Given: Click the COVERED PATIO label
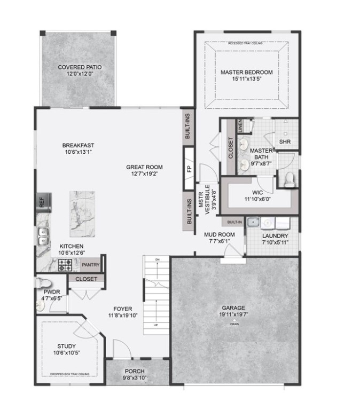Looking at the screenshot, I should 80,67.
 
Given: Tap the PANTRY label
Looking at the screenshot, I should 91,264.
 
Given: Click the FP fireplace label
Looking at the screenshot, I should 189,168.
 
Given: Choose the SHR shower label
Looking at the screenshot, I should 284,142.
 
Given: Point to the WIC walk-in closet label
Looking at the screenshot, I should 258,193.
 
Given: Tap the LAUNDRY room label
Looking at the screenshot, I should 275,235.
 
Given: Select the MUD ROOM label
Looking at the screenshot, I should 220,234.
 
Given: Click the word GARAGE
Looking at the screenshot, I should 233,308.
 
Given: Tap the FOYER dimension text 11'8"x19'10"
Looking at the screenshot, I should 123,316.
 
